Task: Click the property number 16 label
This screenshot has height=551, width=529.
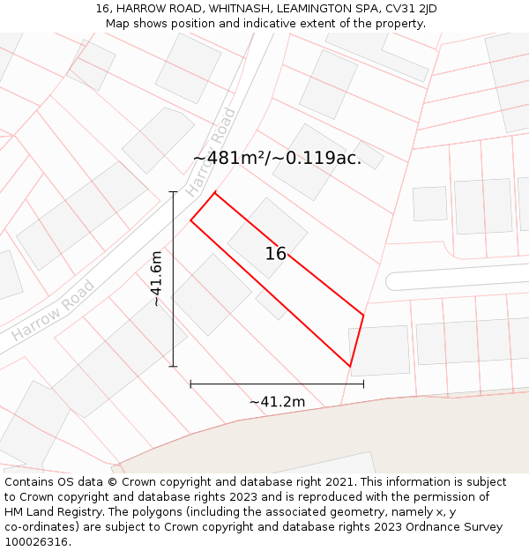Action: pos(276,254)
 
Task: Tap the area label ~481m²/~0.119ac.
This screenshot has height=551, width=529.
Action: pos(277,159)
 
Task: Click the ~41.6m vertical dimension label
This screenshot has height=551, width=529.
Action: pos(156,279)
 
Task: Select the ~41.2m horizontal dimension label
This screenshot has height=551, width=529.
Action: pos(277,402)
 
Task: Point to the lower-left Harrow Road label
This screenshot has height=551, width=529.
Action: pos(53,311)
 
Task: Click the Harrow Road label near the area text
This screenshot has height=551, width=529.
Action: pos(210,152)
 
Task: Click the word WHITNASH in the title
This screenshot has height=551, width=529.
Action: pos(239,9)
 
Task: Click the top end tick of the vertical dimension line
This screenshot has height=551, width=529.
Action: pos(173,192)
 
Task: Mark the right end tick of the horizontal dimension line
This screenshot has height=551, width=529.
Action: pos(363,383)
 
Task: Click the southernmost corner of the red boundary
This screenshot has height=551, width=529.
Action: pos(350,366)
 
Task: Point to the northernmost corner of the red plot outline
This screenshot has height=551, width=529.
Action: pos(214,192)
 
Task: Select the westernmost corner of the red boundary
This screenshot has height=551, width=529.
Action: pos(190,220)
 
